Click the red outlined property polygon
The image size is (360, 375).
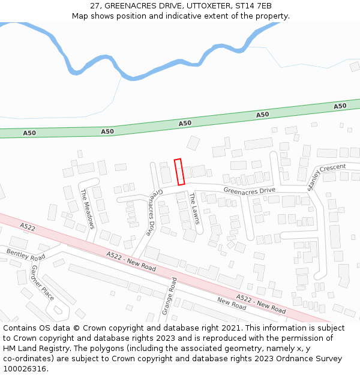click(x=179, y=172)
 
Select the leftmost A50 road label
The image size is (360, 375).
click(x=29, y=133)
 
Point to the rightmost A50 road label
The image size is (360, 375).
click(x=340, y=106)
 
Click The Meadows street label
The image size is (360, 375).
click(x=88, y=208)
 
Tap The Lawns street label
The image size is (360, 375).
click(x=194, y=209)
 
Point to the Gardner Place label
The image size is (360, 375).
click(x=43, y=283)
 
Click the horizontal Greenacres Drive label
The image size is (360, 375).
click(x=249, y=191)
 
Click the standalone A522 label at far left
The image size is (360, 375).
click(x=28, y=227)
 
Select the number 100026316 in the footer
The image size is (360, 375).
click(x=25, y=368)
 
